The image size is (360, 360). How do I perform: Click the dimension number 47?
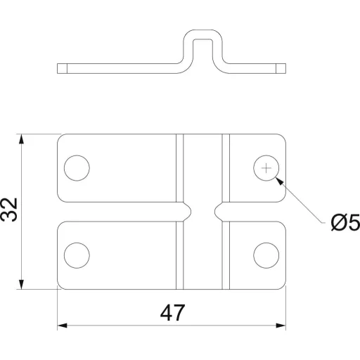[x=172, y=313]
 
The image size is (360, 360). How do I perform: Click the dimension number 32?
[x=9, y=210]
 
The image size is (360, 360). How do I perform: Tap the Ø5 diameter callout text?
[x=345, y=222]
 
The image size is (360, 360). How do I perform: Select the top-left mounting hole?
[x=77, y=168]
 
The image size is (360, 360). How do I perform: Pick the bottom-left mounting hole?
[x=77, y=255]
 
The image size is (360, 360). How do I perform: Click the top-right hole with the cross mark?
[x=266, y=168]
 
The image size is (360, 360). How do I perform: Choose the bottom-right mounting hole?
[x=266, y=255]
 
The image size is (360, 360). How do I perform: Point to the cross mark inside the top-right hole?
[x=266, y=168]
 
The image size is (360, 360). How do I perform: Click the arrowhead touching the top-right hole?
[x=280, y=181]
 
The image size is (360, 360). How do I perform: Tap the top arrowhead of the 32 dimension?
[x=21, y=139]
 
